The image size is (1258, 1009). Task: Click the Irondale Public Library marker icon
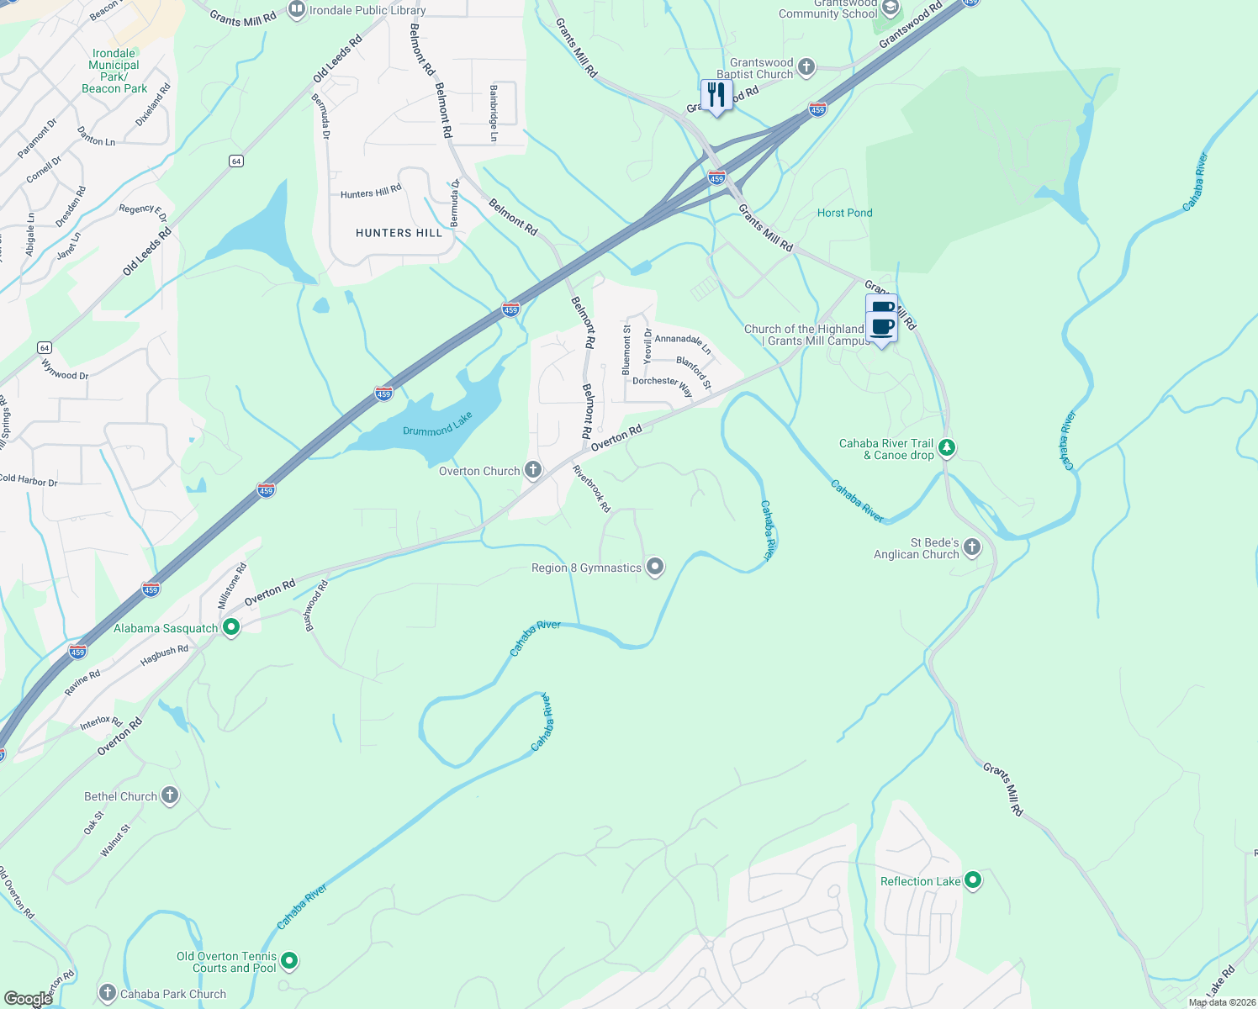(x=296, y=10)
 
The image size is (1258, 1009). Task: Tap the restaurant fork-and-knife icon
(x=716, y=95)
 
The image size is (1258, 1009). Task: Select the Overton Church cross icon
(x=533, y=470)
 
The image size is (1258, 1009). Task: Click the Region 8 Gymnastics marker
(x=655, y=567)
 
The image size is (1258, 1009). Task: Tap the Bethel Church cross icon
(x=170, y=795)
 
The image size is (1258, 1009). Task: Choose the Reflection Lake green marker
(x=973, y=880)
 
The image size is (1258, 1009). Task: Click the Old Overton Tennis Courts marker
(x=289, y=960)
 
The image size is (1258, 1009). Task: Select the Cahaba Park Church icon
(x=108, y=993)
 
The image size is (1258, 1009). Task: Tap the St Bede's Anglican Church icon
(x=972, y=547)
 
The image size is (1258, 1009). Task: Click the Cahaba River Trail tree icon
(x=947, y=447)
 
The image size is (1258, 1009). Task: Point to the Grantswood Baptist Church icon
(x=806, y=67)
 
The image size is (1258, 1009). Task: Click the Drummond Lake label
(x=437, y=425)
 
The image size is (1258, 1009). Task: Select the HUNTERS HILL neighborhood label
(x=399, y=233)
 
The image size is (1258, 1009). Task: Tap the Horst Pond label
(x=844, y=213)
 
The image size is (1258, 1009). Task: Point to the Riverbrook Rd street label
(x=591, y=489)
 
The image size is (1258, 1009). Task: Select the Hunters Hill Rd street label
(x=371, y=193)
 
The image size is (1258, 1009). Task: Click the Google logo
(x=28, y=999)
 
